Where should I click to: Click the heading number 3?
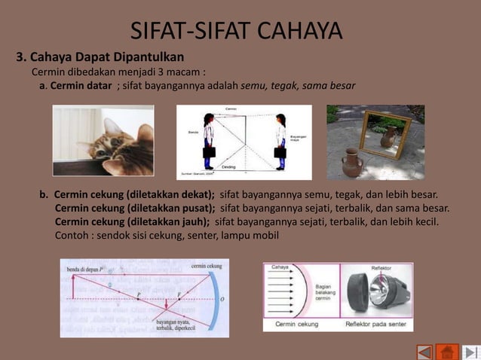[x=21, y=57]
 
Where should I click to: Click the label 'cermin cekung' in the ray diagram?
[x=206, y=266]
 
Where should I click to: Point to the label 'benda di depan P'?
[x=84, y=268]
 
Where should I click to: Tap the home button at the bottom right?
[x=448, y=352]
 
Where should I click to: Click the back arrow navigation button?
[x=425, y=352]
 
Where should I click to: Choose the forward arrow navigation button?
[x=470, y=352]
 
